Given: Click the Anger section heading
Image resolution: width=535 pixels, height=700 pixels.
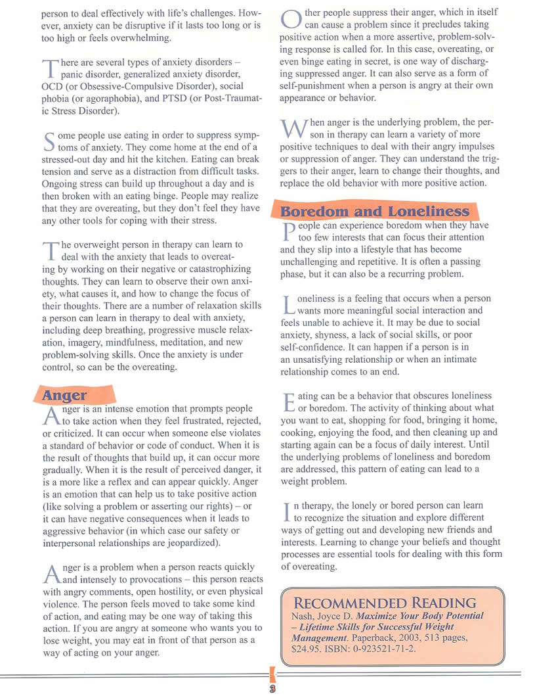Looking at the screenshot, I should (64, 395).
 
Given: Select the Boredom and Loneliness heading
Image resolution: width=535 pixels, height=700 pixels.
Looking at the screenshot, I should (375, 211).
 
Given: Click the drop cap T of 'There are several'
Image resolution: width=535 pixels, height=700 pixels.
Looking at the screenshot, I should (50, 68).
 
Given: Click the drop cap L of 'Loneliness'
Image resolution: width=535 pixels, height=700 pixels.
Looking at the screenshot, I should (287, 303).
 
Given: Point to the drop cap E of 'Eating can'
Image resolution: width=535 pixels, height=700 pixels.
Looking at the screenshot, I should (287, 400).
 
